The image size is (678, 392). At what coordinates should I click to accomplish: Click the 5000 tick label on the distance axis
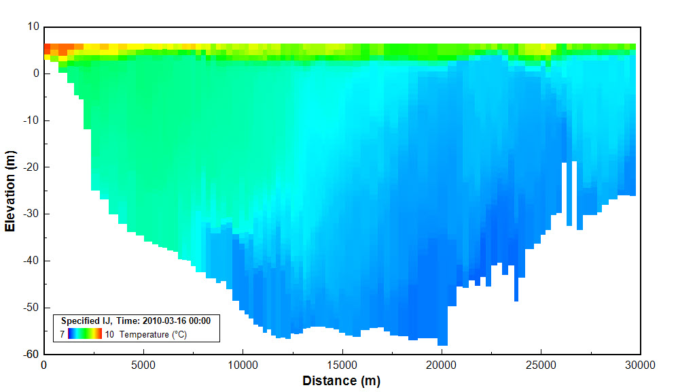(143, 365)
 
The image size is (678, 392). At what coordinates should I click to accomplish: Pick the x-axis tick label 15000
(342, 365)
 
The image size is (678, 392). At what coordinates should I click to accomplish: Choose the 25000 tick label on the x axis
(541, 365)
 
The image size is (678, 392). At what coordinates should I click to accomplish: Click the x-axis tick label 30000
(640, 365)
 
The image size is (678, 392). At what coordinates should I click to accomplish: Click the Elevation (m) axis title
(10, 191)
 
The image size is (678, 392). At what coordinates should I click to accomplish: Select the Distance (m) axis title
(341, 380)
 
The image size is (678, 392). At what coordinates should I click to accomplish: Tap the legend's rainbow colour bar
(85, 333)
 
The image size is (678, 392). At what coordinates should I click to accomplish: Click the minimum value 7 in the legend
(62, 334)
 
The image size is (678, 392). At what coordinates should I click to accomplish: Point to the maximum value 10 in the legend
(109, 334)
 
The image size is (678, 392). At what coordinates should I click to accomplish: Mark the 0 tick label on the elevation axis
(37, 73)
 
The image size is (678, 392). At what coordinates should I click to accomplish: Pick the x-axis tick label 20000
(442, 365)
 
